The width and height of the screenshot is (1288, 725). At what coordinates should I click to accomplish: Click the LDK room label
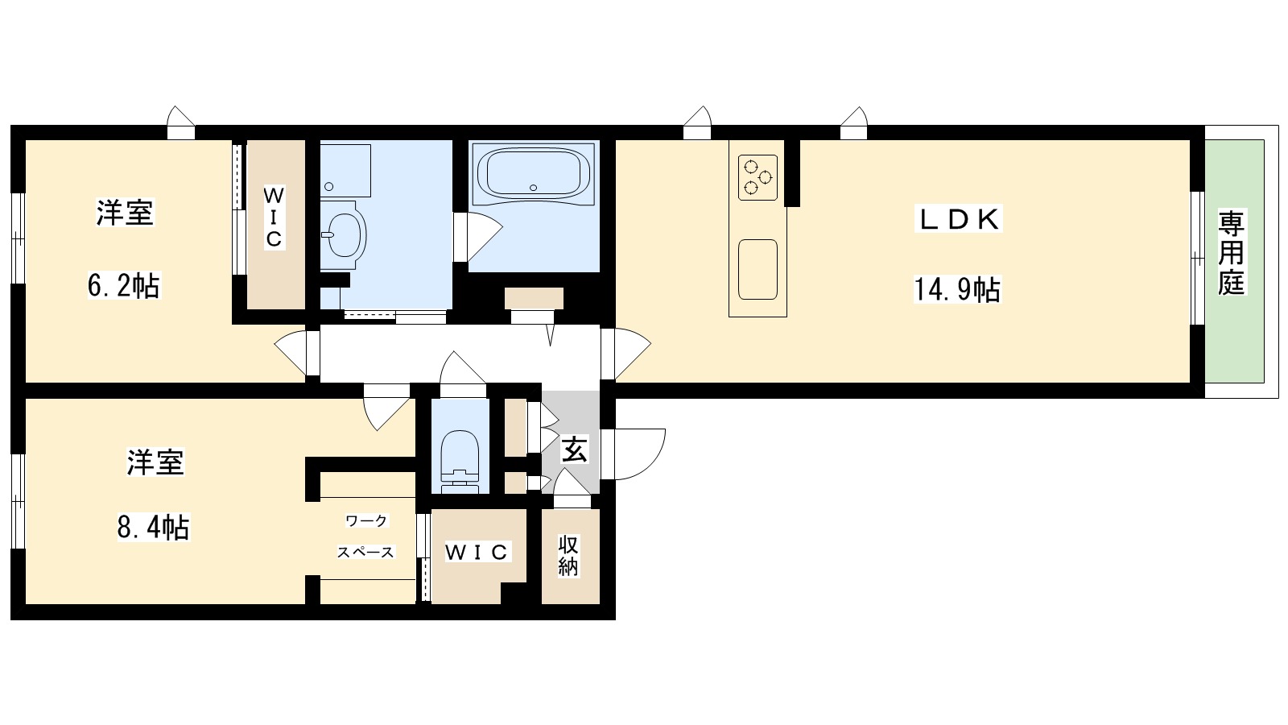[x=959, y=219]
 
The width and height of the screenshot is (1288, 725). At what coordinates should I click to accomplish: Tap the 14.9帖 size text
[x=957, y=290]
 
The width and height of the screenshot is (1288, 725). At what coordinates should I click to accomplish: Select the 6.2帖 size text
[x=124, y=285]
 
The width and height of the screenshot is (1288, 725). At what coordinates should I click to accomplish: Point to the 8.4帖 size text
[x=154, y=527]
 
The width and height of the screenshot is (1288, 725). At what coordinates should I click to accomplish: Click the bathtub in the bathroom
[x=533, y=172]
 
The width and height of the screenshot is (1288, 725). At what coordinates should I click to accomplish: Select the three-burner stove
[x=758, y=177]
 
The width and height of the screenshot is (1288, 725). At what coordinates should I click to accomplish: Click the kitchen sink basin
[x=758, y=269]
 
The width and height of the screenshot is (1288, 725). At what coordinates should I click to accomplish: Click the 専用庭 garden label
[x=1231, y=254]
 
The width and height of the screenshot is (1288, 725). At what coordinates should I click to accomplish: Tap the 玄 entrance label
[x=574, y=449]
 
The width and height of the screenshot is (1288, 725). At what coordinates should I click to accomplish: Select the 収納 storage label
[x=568, y=555]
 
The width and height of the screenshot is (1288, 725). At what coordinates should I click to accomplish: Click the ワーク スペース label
[x=365, y=536]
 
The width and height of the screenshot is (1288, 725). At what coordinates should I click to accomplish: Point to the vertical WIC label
[x=275, y=217]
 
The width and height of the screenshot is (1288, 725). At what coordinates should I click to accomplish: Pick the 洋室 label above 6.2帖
[x=125, y=213]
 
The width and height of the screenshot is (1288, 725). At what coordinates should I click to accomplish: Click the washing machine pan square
[x=345, y=170]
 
